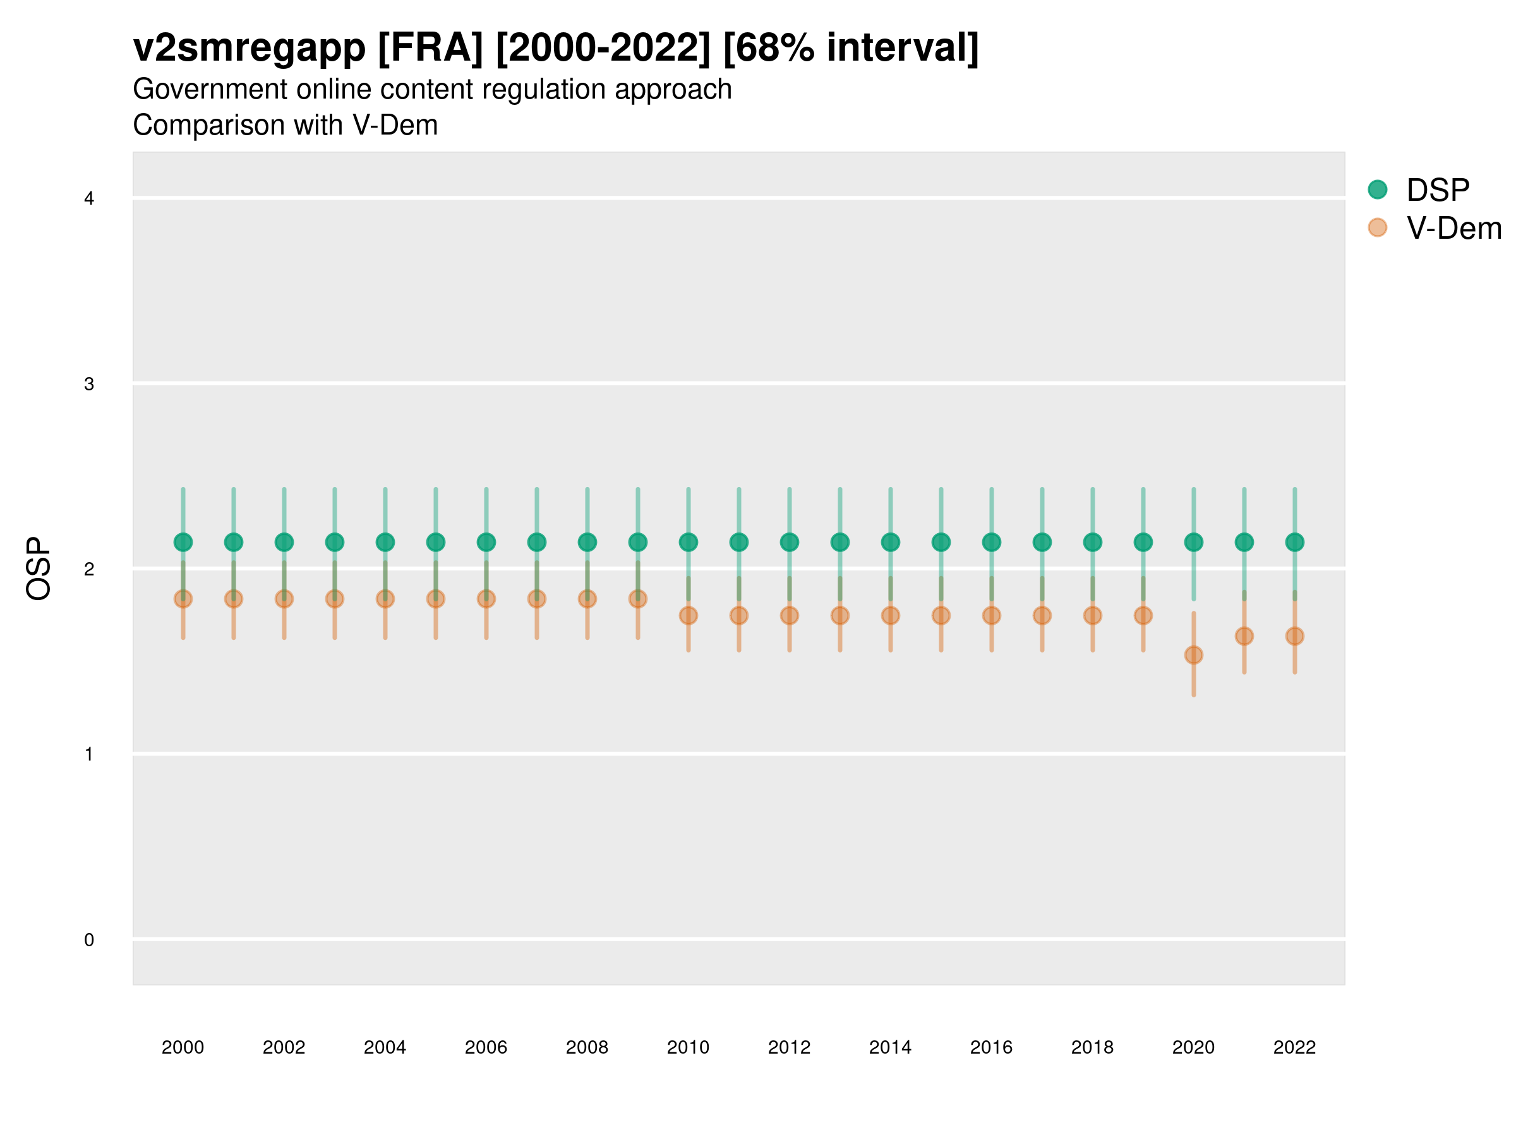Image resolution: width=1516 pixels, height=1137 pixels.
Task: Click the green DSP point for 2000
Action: pos(183,542)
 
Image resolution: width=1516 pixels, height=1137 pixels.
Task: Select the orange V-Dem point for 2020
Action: pos(1193,655)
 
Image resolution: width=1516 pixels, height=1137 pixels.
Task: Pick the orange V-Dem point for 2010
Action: pos(688,615)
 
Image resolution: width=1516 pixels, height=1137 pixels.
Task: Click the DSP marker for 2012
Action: pos(790,542)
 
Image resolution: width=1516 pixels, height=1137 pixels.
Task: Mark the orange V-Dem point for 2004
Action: pos(385,599)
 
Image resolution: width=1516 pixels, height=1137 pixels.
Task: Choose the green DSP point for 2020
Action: pos(1193,542)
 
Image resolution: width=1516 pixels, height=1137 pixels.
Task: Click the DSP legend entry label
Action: pos(1437,190)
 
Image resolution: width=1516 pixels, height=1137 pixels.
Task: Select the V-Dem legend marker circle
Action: pos(1377,227)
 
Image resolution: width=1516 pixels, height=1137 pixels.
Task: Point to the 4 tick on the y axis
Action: pos(89,199)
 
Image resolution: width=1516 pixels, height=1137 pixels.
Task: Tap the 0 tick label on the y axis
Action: pos(89,940)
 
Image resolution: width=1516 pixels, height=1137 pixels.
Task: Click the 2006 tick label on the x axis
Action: pos(486,1047)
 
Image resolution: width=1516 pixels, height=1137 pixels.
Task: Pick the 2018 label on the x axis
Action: pos(1092,1047)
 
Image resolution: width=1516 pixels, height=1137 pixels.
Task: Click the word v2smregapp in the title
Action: pos(250,48)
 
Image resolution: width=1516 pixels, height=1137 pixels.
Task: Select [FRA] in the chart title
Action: pos(430,48)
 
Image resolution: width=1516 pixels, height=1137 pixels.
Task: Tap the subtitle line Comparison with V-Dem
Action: pos(285,126)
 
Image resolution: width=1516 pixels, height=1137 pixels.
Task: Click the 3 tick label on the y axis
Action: pos(89,384)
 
